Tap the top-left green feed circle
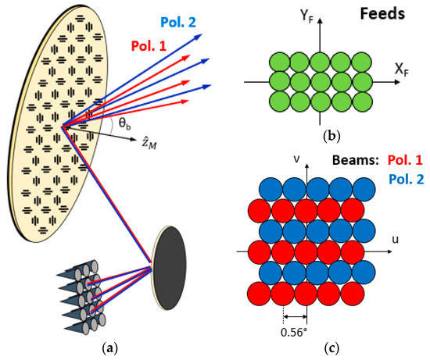(x=279, y=62)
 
